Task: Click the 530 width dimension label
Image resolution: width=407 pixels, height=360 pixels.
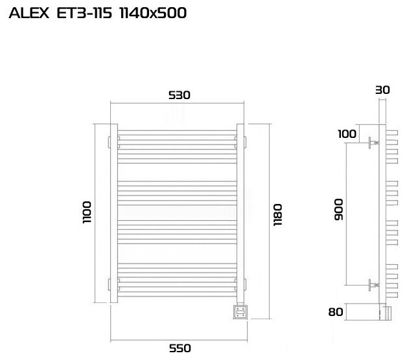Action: (180, 95)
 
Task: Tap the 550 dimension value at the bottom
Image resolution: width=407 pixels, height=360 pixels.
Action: (180, 348)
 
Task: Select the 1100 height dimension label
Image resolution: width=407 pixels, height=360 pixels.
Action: (87, 212)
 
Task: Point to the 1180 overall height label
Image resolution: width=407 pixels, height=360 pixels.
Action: (277, 215)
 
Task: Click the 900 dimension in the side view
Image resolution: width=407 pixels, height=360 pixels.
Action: (338, 210)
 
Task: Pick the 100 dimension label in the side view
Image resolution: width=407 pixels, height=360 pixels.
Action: (347, 134)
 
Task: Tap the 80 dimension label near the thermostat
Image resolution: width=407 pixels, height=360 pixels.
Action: (336, 311)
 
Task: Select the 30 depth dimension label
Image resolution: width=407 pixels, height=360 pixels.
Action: (382, 90)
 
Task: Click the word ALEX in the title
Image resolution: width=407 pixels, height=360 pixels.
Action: (29, 13)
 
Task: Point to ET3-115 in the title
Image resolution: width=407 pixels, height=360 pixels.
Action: (84, 13)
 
